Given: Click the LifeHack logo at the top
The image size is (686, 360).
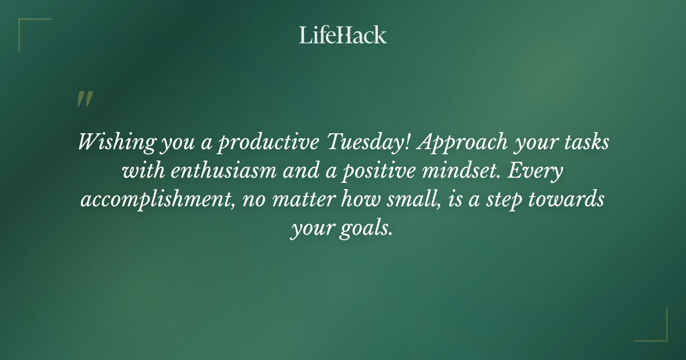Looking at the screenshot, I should [343, 35].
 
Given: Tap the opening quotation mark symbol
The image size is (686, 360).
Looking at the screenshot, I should [84, 99].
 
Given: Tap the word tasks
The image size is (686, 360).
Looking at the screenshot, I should [589, 142].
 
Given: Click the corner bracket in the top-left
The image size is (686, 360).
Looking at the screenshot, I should [26, 26].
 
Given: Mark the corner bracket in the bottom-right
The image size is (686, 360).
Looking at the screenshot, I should [660, 334].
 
